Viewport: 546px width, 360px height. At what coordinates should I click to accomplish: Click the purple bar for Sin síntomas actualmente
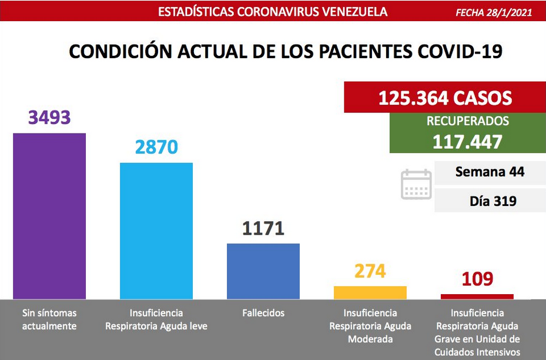[x=49, y=216]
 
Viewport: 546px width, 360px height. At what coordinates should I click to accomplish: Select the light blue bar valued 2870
[x=156, y=231]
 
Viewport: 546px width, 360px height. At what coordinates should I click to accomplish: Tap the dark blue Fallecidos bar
[x=263, y=271]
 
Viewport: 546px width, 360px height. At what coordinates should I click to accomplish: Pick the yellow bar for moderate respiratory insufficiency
[x=370, y=293]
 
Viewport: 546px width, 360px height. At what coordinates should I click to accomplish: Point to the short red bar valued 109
[x=477, y=296]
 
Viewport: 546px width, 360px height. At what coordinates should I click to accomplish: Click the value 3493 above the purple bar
[x=49, y=117]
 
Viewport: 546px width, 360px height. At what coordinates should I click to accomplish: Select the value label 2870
[x=156, y=146]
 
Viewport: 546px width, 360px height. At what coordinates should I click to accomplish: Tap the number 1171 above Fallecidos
[x=263, y=228]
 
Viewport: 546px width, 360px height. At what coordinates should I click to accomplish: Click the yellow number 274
[x=370, y=271]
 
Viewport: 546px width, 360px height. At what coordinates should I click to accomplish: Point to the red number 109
[x=477, y=279]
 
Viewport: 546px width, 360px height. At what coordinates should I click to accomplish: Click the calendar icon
[x=416, y=184]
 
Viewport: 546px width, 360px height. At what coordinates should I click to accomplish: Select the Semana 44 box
[x=490, y=172]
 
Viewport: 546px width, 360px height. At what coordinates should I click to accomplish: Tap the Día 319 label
[x=493, y=201]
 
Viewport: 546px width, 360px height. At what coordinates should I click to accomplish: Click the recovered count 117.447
[x=467, y=142]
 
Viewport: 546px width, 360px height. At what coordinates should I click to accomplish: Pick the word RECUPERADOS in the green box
[x=468, y=121]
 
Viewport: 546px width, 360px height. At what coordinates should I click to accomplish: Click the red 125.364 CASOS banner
[x=445, y=97]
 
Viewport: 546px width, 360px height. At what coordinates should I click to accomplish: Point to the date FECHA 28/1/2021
[x=494, y=12]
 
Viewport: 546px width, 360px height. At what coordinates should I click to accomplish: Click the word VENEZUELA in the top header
[x=354, y=12]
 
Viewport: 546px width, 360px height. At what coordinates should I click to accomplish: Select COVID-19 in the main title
[x=460, y=52]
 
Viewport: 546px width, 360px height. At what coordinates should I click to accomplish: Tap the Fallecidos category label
[x=263, y=313]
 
